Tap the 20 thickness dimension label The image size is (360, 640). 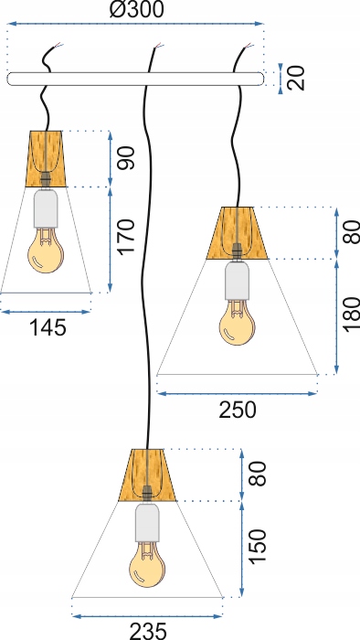[x=295, y=77]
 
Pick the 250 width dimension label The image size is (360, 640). [x=237, y=410]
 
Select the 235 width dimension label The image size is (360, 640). [x=148, y=629]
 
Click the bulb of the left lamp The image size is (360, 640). [x=43, y=252]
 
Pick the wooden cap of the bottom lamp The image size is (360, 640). [x=146, y=475]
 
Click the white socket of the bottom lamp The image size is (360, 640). [x=145, y=522]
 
